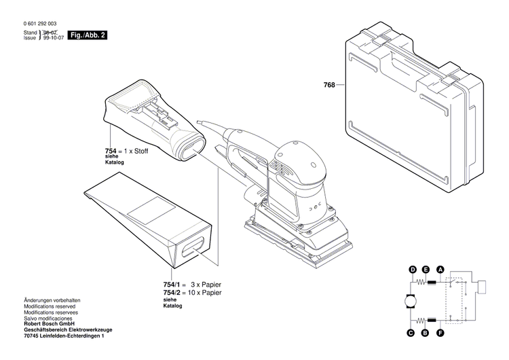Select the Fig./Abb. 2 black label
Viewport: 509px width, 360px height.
[89, 35]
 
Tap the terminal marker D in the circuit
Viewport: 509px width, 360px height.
[412, 270]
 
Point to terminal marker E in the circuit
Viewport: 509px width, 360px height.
[426, 270]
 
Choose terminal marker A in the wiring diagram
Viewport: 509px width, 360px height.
[440, 270]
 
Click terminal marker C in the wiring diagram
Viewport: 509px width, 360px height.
[411, 333]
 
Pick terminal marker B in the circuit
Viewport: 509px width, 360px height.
[426, 333]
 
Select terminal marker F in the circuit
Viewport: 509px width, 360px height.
[440, 333]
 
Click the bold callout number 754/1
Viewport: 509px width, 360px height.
[174, 284]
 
